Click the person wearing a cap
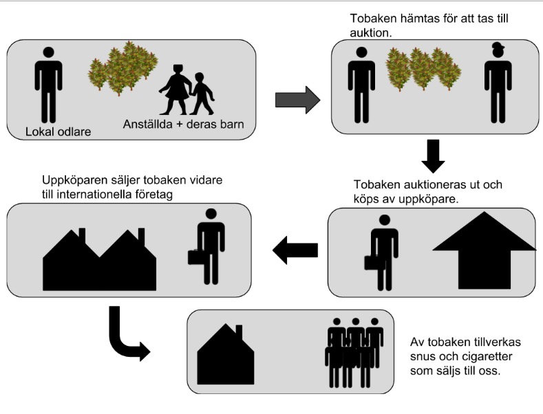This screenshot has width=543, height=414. click(x=498, y=83)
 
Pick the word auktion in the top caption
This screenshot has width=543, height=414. click(x=370, y=32)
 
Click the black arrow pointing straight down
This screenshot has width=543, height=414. click(x=434, y=156)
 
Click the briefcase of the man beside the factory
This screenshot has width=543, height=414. click(x=197, y=257)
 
